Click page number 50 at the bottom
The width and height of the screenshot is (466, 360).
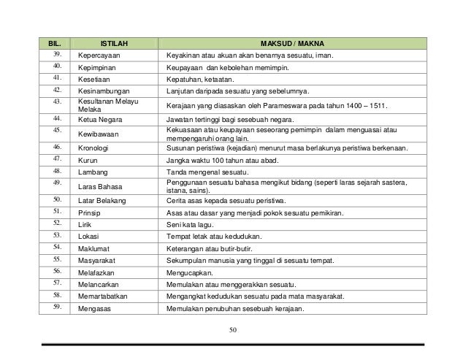233,331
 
